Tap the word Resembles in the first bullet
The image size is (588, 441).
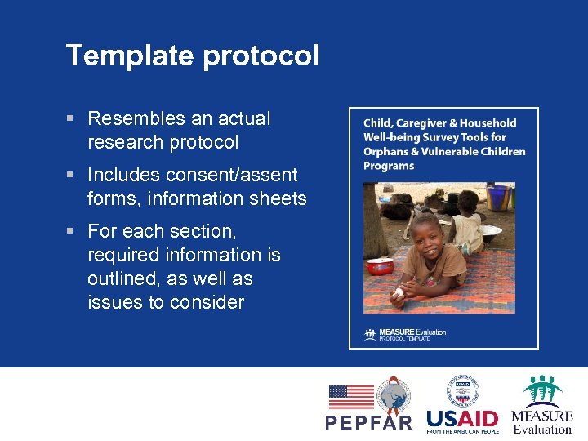point(130,118)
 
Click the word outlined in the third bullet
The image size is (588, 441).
point(121,278)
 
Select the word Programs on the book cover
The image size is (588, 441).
point(389,166)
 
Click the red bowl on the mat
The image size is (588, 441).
point(381,266)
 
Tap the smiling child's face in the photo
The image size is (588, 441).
point(427,237)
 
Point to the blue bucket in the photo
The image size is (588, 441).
point(498,197)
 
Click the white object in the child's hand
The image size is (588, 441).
point(399,292)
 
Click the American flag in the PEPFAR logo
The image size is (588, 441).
point(351,397)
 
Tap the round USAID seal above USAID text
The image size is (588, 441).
point(461,390)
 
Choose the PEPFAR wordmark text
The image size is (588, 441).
point(369,422)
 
